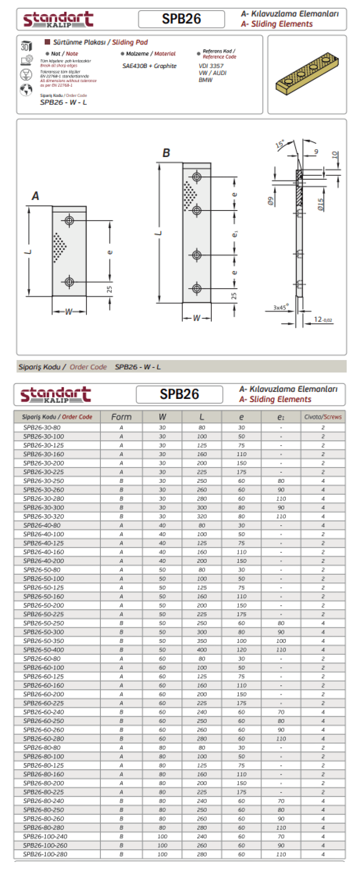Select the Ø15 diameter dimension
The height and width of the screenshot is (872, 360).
320,204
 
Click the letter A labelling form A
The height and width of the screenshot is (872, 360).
36,196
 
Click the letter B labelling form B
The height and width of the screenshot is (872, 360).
166,153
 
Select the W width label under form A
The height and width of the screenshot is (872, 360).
69,311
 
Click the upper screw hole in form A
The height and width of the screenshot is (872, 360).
69,221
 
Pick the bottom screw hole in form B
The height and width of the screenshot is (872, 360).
197,288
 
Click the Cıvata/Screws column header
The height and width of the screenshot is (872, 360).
323,417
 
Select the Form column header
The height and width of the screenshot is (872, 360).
121,417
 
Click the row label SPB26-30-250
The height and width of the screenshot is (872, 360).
44,481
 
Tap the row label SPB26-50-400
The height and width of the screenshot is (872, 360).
44,650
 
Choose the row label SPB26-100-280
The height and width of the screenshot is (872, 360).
45,854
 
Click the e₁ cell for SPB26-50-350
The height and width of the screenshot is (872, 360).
281,641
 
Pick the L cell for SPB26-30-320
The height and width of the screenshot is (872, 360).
202,516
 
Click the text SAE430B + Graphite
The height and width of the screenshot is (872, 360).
149,66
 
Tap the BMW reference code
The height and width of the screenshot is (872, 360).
205,80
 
